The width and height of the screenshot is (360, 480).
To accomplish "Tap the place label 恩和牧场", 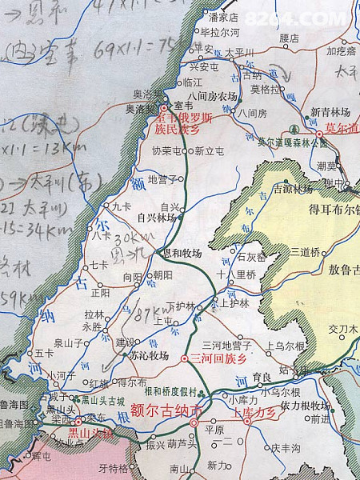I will click(182, 254).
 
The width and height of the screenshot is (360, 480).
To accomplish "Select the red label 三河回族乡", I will click(215, 358).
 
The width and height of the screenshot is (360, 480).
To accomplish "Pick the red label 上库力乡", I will click(253, 414).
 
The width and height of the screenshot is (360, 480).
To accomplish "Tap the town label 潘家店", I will click(223, 16).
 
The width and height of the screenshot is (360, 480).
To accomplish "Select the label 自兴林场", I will click(156, 217).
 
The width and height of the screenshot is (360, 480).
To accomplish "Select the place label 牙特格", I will click(113, 469).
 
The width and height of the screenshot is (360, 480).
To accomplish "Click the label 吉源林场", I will click(293, 190).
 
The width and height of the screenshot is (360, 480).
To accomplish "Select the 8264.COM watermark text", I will click(308, 17).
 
